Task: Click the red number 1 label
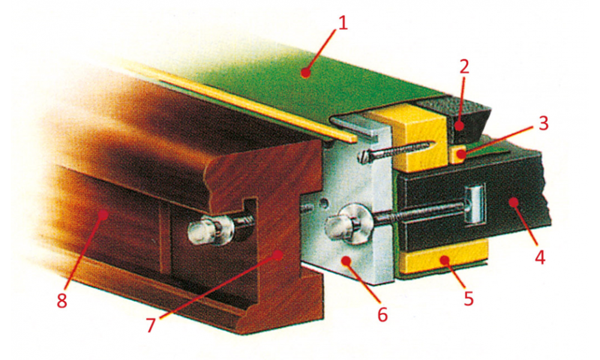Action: click(342, 24)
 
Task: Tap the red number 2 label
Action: click(464, 68)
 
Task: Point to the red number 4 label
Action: click(540, 257)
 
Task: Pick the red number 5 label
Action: click(469, 298)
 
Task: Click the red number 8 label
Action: click(62, 301)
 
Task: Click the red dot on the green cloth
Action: click(304, 72)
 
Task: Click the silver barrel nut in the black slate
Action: click(475, 205)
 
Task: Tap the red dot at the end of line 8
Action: click(102, 215)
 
